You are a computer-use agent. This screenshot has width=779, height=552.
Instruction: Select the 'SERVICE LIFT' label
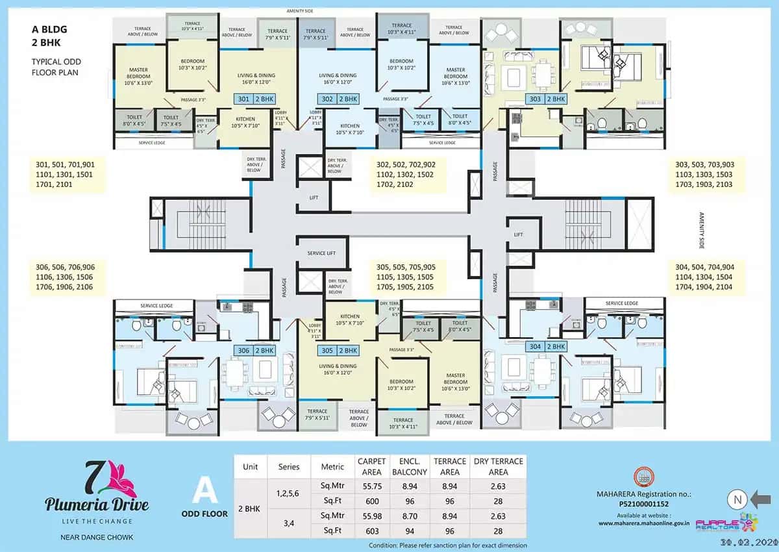(322, 253)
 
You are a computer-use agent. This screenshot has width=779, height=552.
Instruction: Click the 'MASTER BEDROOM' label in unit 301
(138, 73)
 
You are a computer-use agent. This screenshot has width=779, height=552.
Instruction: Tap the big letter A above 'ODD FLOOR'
(204, 489)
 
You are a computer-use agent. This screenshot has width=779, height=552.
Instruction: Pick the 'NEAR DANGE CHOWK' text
(96, 537)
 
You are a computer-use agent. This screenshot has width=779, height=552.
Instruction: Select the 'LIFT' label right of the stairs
(518, 234)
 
